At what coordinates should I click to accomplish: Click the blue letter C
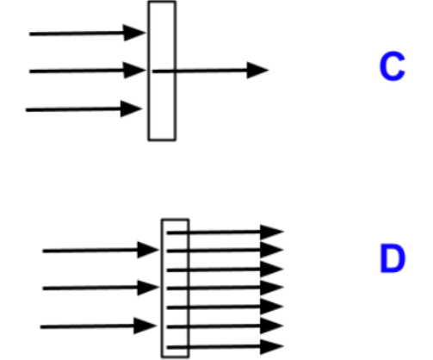pos(392,66)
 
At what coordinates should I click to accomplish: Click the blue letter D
pos(393,258)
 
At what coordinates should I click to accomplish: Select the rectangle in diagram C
pos(148,71)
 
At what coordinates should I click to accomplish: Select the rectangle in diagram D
pos(162,289)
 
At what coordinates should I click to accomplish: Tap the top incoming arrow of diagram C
pos(88,34)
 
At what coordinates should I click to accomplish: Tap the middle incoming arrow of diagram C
pos(88,71)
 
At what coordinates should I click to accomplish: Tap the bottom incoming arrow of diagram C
pos(84,109)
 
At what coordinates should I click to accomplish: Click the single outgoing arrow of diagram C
pos(210,71)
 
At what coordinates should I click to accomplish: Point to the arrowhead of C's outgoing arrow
pos(257,70)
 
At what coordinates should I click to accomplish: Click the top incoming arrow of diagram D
pos(101,251)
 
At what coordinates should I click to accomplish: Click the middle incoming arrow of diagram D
pos(101,288)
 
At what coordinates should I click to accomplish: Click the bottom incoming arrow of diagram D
pos(98,326)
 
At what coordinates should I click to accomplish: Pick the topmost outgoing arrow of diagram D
pos(226,232)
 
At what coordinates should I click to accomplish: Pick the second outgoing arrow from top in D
pos(226,251)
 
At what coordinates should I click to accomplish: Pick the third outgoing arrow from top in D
pos(226,270)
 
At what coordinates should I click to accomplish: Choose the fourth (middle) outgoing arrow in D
pos(226,288)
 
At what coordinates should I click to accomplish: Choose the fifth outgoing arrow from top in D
pos(226,307)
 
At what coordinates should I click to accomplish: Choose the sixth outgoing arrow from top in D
pos(226,326)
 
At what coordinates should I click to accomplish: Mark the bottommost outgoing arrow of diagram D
pos(226,347)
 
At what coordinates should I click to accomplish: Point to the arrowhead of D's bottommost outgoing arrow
pos(272,346)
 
